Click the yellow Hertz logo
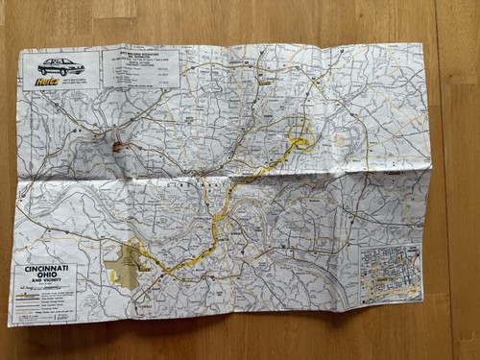[46, 81]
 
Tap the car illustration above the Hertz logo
[60, 66]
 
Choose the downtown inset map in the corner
[391, 274]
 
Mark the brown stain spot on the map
[119, 147]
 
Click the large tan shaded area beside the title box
[124, 262]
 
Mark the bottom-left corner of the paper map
[12, 324]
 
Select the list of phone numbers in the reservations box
[140, 71]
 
